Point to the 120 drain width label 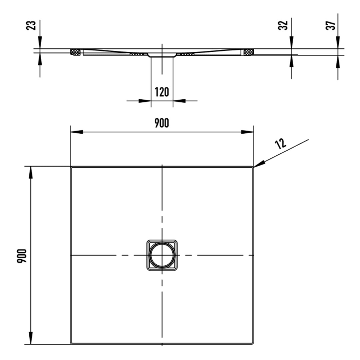click(x=161, y=92)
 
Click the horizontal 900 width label click(x=161, y=122)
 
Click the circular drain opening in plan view click(x=161, y=255)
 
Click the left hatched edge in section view click(x=76, y=52)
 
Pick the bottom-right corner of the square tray click(x=253, y=343)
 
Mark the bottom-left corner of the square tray click(x=71, y=343)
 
